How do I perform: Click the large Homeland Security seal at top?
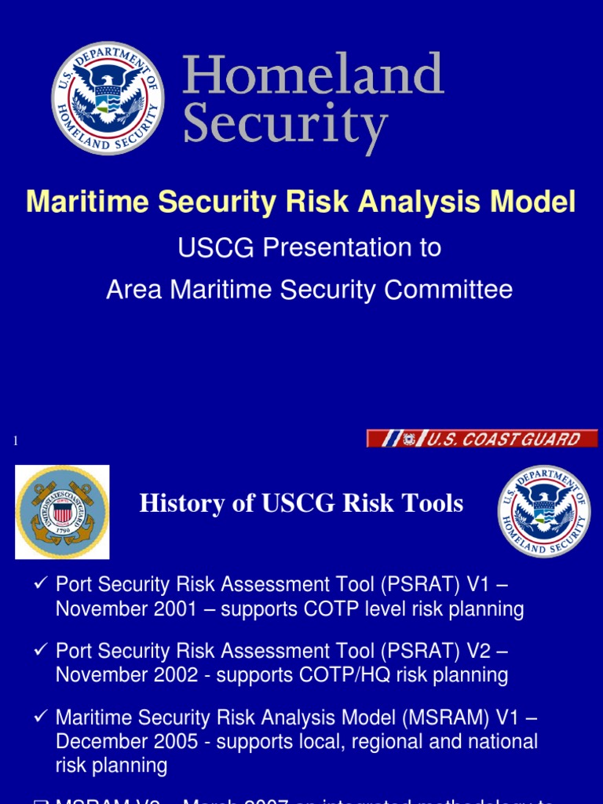[x=108, y=98]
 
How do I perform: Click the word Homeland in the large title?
[x=313, y=76]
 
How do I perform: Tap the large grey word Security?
[x=286, y=126]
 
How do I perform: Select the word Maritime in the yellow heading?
[x=87, y=202]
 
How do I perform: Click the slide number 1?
[x=15, y=441]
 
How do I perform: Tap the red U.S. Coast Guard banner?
[x=482, y=439]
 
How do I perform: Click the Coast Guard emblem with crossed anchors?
[x=62, y=511]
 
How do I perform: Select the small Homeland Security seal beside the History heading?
[x=544, y=511]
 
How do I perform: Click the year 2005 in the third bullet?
[x=172, y=741]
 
